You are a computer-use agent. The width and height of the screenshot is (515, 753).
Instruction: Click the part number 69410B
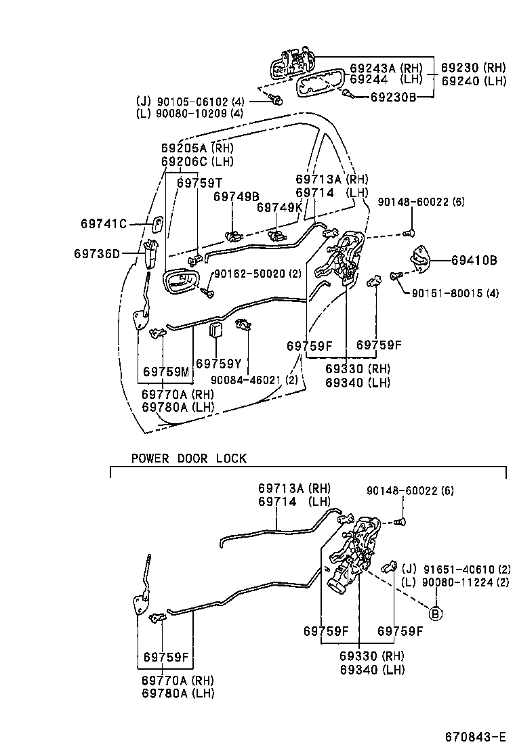click(474, 259)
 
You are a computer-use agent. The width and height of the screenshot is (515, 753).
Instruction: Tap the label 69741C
click(104, 223)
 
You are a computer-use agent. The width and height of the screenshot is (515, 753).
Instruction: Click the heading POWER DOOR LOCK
click(189, 458)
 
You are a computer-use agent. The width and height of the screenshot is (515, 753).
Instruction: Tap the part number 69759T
click(200, 182)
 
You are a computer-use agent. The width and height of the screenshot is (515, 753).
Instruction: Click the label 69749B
click(236, 196)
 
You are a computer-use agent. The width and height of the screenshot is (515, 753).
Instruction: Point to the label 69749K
click(280, 207)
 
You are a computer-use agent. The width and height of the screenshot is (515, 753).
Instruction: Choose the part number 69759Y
click(219, 364)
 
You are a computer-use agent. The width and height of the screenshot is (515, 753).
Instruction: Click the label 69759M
click(166, 372)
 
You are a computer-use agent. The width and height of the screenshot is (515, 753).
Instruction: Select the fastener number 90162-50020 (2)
click(257, 274)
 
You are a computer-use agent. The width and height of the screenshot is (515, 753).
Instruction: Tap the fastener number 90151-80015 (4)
click(454, 293)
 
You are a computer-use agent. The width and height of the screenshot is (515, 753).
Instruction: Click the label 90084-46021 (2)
click(254, 380)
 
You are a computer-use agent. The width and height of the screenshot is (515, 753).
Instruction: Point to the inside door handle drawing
click(181, 282)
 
